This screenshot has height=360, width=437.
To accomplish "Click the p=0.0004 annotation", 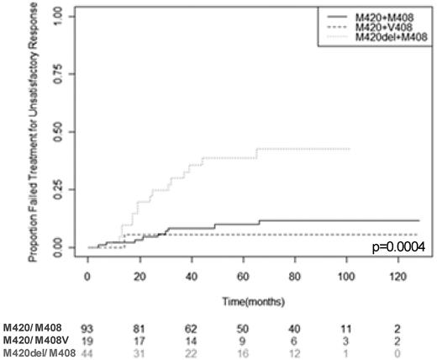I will [398, 246].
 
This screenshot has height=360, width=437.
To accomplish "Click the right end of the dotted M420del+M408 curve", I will [349, 149].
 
